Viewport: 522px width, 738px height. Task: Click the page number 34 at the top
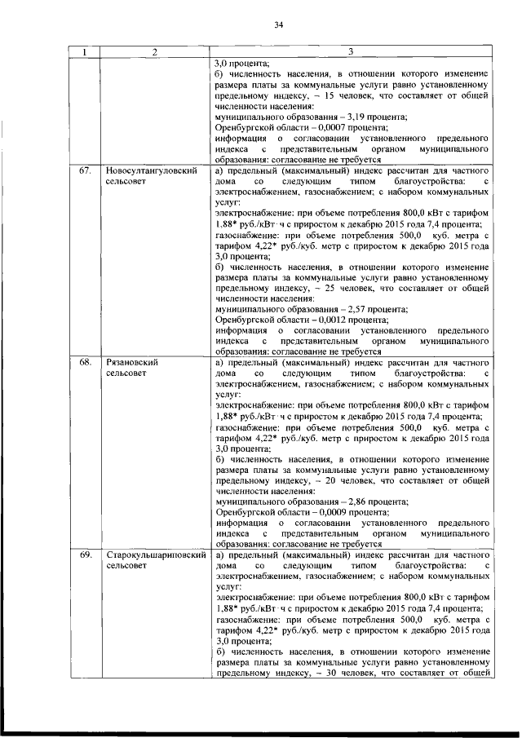pos(277,25)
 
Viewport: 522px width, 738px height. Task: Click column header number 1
pos(83,52)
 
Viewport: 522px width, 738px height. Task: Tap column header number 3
pos(350,52)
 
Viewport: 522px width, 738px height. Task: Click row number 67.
pos(84,172)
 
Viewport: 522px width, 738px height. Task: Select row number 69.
pos(84,555)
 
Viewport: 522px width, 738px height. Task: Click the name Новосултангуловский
pos(152,172)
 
